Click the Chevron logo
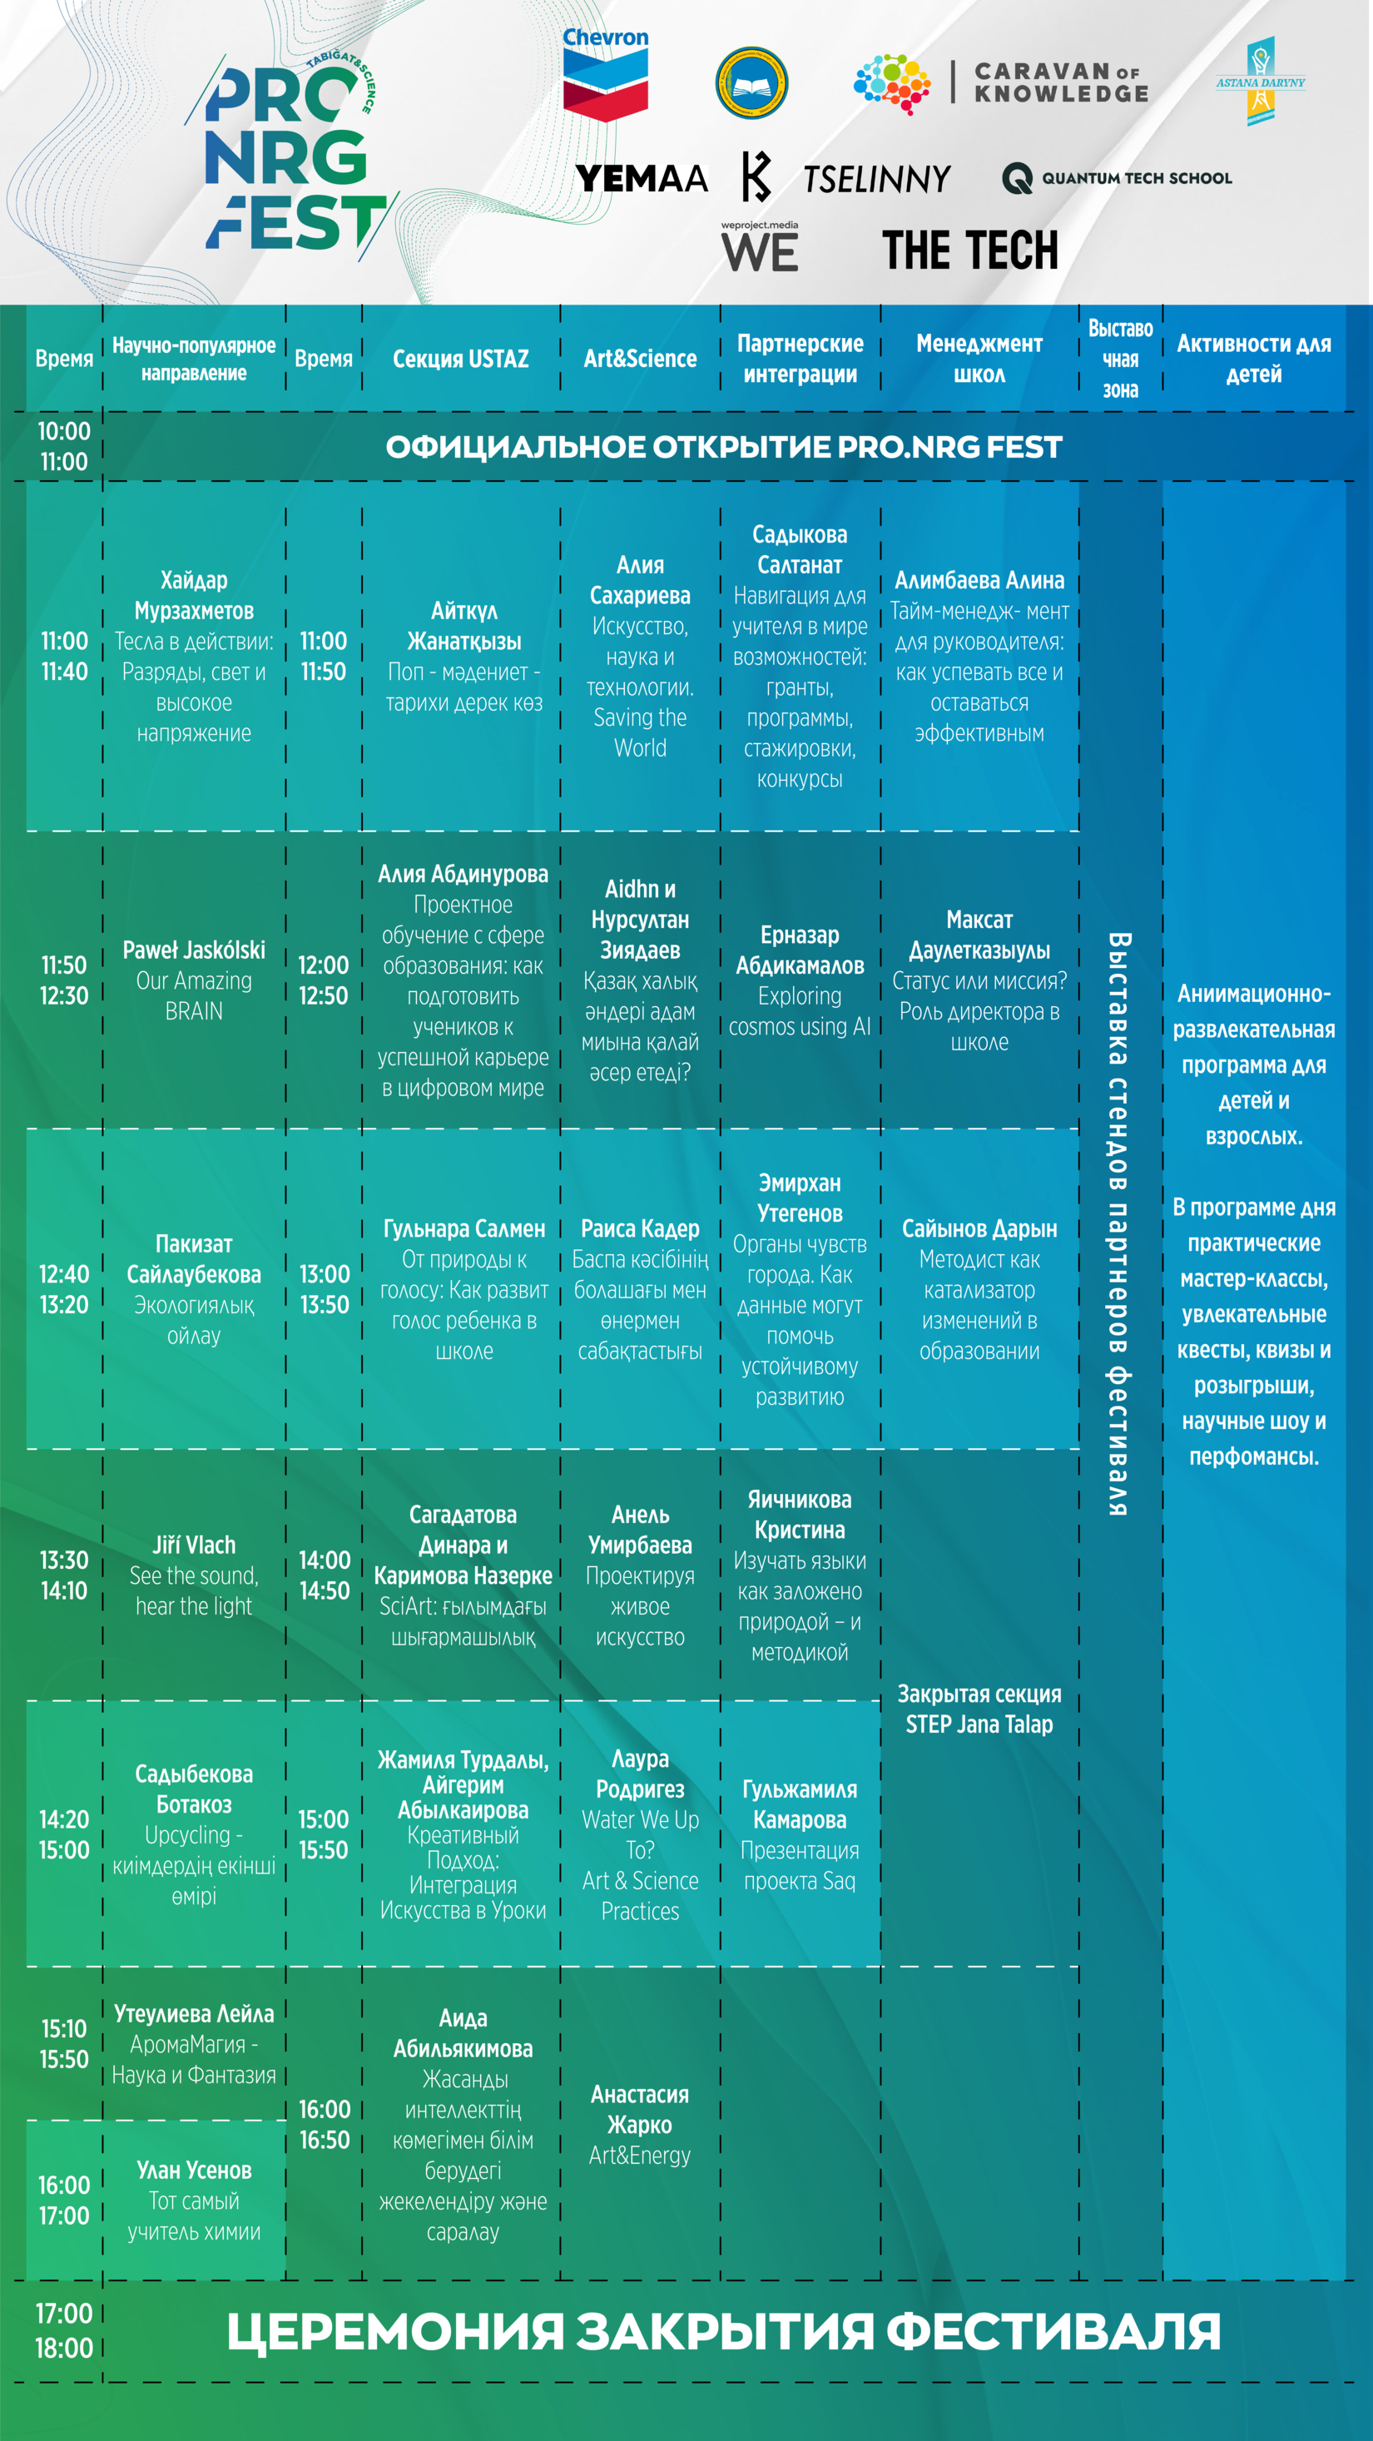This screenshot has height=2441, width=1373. (605, 74)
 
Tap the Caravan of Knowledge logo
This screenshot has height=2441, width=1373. (1000, 83)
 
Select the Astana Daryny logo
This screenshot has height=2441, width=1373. (1259, 82)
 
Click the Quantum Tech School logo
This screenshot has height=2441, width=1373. (1116, 177)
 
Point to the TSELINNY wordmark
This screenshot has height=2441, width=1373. (876, 178)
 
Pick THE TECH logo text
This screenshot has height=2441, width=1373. (969, 251)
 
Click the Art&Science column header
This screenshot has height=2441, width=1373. (640, 358)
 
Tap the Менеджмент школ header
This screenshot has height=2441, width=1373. (979, 358)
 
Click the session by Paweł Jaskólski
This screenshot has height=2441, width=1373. (193, 980)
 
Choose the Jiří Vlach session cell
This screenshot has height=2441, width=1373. (193, 1575)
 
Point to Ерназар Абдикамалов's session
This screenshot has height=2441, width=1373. (799, 980)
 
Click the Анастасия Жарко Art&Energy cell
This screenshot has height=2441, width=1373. (640, 2124)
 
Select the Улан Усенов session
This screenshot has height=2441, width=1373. (193, 2200)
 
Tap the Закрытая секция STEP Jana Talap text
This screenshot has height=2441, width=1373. (979, 1709)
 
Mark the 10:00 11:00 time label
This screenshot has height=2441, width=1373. (63, 446)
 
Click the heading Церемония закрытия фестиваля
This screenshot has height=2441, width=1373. (723, 2332)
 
